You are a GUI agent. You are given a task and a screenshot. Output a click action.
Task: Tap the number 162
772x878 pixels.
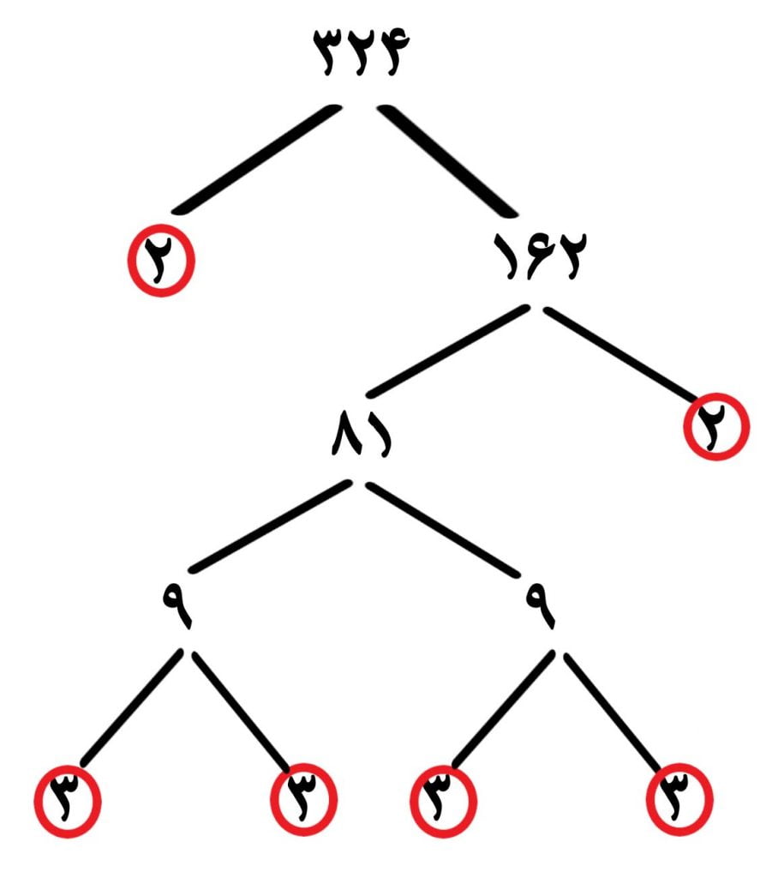[x=540, y=255]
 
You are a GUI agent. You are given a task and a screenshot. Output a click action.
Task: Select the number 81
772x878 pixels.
[x=362, y=433]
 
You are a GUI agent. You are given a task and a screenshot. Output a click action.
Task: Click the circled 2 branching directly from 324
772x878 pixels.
[x=161, y=261]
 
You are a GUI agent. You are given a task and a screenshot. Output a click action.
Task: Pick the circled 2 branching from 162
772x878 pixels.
[x=716, y=427]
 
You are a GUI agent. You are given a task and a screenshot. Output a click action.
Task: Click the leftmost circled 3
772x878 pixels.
[x=68, y=802]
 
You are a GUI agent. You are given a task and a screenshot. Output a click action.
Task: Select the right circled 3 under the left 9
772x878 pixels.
[x=304, y=799]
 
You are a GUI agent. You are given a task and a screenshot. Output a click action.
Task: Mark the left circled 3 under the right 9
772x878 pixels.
[x=444, y=802]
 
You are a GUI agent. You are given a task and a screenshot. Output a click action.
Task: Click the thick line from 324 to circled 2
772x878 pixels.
[x=256, y=159]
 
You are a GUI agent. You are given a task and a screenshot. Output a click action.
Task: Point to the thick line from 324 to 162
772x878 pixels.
[x=447, y=159]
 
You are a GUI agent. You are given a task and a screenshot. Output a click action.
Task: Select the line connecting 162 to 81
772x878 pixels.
[x=447, y=352]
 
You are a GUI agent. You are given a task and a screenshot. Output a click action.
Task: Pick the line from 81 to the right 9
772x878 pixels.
[x=443, y=529]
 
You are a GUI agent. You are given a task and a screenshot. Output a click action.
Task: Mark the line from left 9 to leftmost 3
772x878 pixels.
[x=132, y=707]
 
